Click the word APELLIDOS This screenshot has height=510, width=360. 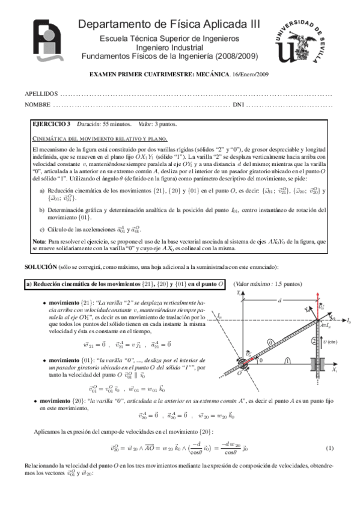point(41,94)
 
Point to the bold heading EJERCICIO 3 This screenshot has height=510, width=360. point(51,124)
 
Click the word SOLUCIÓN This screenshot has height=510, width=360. point(40,266)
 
